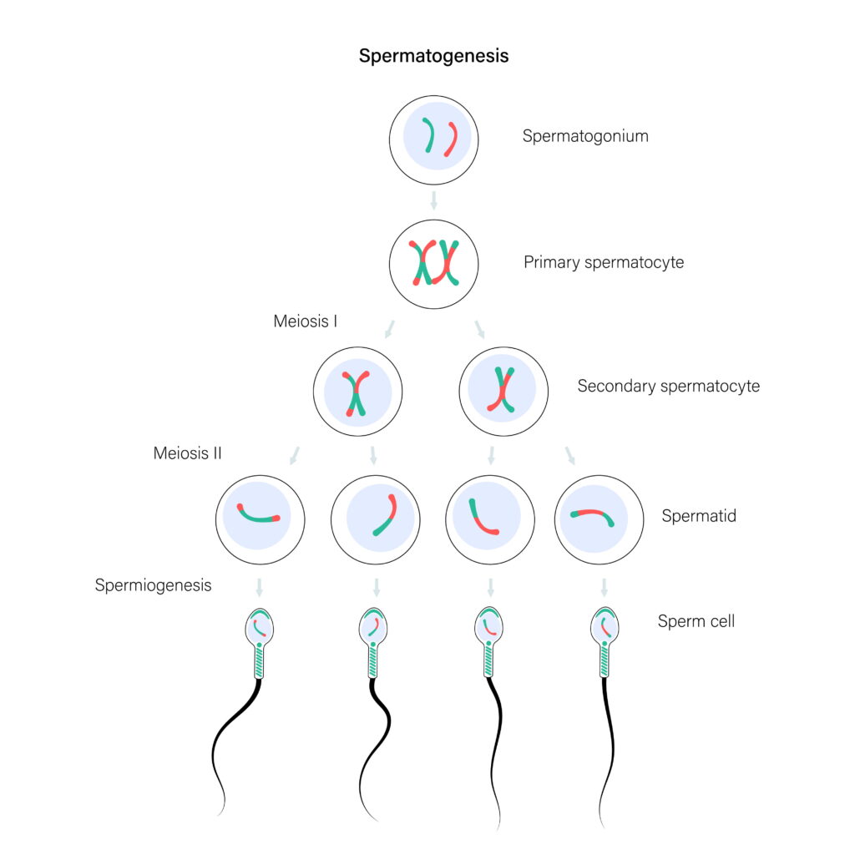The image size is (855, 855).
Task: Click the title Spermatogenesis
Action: click(x=433, y=57)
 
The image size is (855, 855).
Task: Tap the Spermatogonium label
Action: click(x=585, y=136)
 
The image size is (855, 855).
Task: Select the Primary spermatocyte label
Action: click(x=603, y=262)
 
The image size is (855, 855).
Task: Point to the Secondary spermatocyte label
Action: click(x=668, y=387)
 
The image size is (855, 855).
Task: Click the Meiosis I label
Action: click(x=305, y=321)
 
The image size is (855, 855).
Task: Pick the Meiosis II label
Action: click(x=187, y=453)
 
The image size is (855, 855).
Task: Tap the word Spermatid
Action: click(x=699, y=516)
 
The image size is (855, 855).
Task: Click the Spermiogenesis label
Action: click(x=153, y=585)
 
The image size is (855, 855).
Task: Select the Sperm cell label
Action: click(x=696, y=621)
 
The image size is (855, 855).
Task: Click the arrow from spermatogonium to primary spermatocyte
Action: click(x=433, y=200)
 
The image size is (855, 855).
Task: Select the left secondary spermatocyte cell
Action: click(x=357, y=392)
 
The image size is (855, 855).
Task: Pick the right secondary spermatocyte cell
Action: click(x=503, y=392)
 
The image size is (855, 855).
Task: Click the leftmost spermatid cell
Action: click(x=260, y=519)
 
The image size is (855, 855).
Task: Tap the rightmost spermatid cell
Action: click(x=599, y=519)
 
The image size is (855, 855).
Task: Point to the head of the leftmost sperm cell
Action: click(x=261, y=625)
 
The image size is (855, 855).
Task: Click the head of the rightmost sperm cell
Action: click(x=604, y=625)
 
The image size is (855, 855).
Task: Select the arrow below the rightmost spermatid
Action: click(x=604, y=586)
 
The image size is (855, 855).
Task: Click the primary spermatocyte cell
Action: click(x=433, y=264)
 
